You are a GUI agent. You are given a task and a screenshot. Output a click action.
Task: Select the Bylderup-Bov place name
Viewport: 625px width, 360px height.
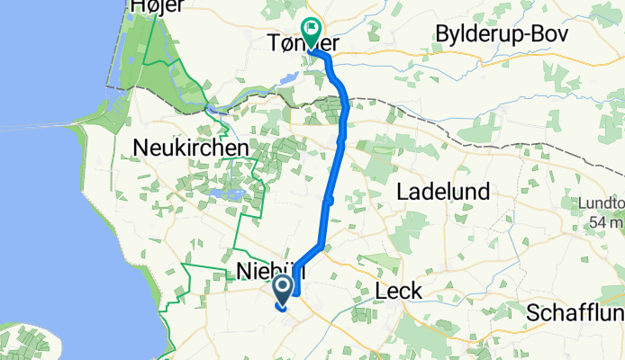tap(501, 34)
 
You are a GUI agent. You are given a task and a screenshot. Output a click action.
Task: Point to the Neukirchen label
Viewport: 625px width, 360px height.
tap(191, 148)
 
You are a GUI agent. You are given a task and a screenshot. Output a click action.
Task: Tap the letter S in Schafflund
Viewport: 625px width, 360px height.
tap(533, 313)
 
